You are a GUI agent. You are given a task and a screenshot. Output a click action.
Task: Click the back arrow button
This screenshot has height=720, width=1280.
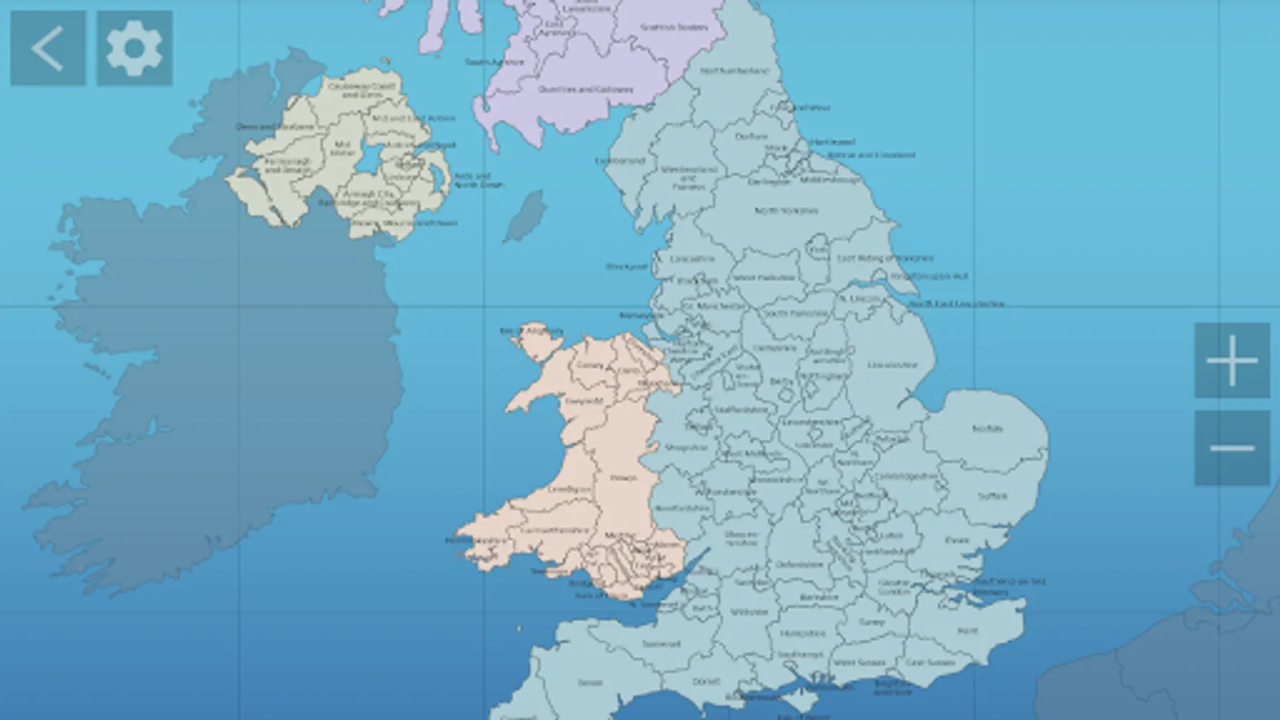(47, 48)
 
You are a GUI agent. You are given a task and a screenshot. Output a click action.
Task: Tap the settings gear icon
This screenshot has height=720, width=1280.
(134, 48)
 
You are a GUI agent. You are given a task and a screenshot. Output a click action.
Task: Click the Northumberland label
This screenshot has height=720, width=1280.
(734, 70)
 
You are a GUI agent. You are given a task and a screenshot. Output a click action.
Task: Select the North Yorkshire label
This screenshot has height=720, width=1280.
(786, 210)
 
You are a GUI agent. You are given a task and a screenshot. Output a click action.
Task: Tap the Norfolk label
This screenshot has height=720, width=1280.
(987, 429)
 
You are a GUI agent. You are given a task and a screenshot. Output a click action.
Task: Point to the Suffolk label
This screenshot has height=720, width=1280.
(993, 496)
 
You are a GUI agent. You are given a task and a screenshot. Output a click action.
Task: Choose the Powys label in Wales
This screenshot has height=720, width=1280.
(623, 478)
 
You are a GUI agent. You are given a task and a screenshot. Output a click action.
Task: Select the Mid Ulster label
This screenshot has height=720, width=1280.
(342, 148)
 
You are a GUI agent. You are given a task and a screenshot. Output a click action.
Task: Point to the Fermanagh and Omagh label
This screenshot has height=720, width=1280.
(286, 166)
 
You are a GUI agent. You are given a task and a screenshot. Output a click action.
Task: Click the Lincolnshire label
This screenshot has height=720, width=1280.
(892, 365)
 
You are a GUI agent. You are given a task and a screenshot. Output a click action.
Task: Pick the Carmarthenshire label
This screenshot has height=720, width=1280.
(554, 530)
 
